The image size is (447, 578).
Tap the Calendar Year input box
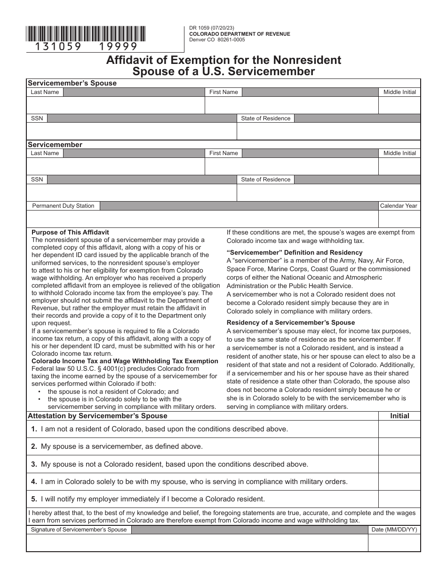click(x=399, y=219)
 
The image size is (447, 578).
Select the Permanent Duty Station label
click(x=63, y=206)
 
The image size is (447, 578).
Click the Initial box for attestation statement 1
click(x=399, y=429)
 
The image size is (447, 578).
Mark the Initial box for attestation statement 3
click(x=399, y=464)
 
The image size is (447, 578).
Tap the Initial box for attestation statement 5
click(x=399, y=499)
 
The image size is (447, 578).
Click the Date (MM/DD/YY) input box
click(x=394, y=543)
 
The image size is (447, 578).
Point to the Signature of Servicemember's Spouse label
click(x=79, y=530)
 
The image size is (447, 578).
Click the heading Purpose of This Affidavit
click(x=70, y=232)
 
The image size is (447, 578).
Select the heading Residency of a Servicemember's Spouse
click(x=291, y=322)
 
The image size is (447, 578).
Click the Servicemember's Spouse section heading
click(x=72, y=83)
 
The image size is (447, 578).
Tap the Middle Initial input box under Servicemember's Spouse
click(x=399, y=106)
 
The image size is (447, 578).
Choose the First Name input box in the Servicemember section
click(x=291, y=166)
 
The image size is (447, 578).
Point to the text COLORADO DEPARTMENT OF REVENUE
click(x=239, y=34)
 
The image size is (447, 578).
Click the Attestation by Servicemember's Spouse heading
click(x=97, y=416)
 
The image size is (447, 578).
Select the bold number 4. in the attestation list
click(x=34, y=482)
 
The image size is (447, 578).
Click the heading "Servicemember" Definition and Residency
click(x=295, y=252)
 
